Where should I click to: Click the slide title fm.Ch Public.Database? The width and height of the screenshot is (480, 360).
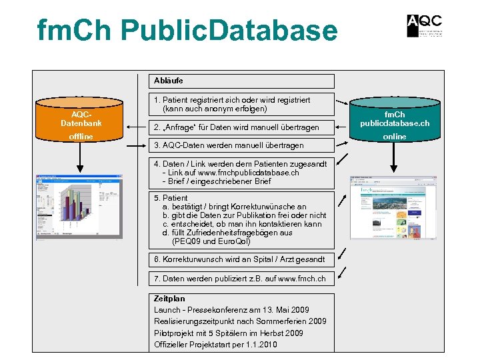[x=187, y=31]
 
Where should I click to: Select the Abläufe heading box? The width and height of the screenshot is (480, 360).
[x=241, y=81]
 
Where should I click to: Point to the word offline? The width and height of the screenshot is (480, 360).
[x=81, y=137]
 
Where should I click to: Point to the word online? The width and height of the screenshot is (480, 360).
[x=395, y=137]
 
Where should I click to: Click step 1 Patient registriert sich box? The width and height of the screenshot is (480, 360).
[x=241, y=104]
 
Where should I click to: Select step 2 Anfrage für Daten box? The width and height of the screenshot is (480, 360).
[x=241, y=127]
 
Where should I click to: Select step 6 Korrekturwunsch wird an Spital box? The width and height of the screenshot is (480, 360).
[x=241, y=259]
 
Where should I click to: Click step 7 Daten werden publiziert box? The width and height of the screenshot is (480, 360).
[x=241, y=278]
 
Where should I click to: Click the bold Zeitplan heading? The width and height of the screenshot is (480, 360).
[x=169, y=299]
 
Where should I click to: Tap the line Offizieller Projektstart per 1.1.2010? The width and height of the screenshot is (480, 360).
[x=215, y=344]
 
